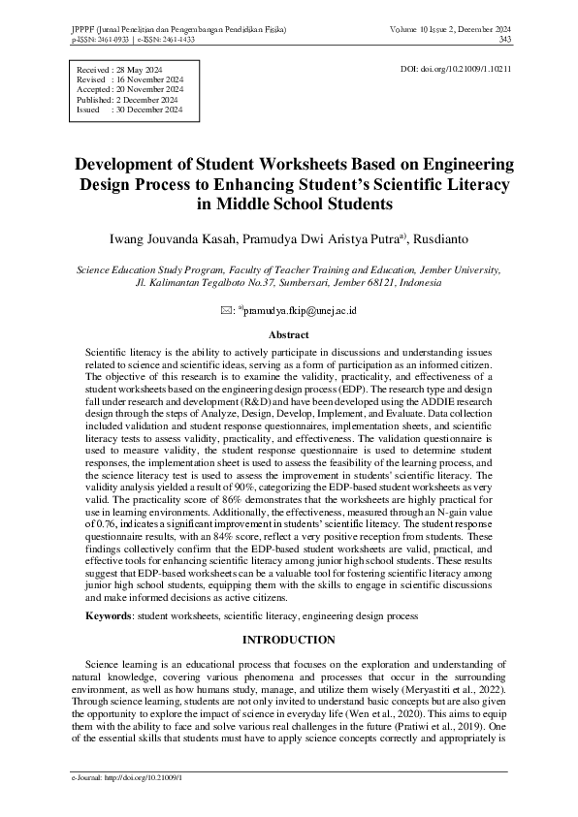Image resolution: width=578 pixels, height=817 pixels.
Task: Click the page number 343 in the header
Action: [x=504, y=40]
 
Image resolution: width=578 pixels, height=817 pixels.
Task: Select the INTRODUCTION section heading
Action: [x=288, y=640]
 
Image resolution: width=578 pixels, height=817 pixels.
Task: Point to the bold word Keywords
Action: [x=108, y=615]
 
